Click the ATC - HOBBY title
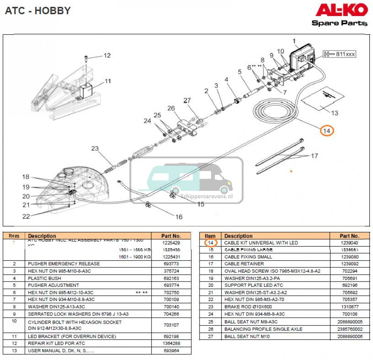click(38, 11)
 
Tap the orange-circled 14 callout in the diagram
click(327, 131)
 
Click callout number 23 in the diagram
click(95, 149)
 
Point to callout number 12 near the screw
click(107, 56)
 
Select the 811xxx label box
click(339, 54)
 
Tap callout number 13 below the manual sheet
click(334, 113)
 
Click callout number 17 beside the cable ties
click(314, 156)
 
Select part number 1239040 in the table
click(350, 243)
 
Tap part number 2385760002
click(350, 329)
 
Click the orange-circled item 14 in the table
click(210, 243)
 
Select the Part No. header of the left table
click(171, 236)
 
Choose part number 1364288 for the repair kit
click(171, 344)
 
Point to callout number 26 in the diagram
click(171, 109)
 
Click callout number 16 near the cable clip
click(179, 217)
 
